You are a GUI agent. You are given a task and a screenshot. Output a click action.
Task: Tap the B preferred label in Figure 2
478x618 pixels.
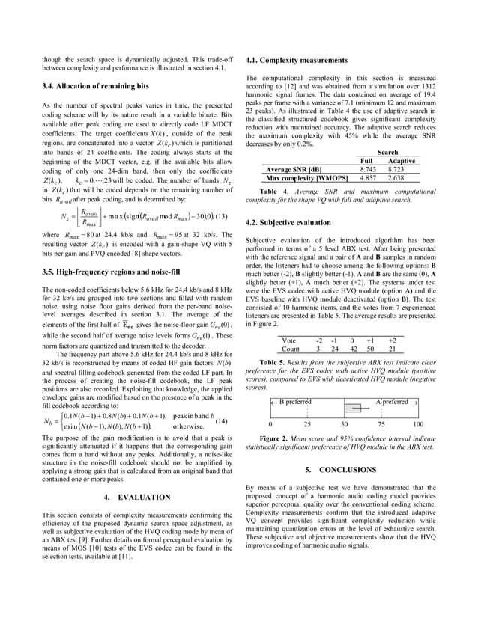[294, 402]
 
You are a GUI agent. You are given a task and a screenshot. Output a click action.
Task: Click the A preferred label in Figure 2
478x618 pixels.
[391, 402]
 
